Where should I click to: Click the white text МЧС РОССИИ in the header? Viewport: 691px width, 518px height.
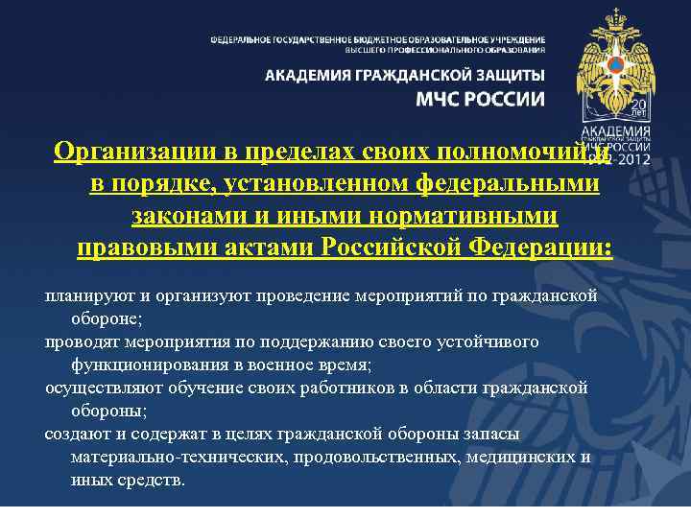[x=480, y=99]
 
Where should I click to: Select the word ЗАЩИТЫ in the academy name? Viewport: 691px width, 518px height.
[x=505, y=75]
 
